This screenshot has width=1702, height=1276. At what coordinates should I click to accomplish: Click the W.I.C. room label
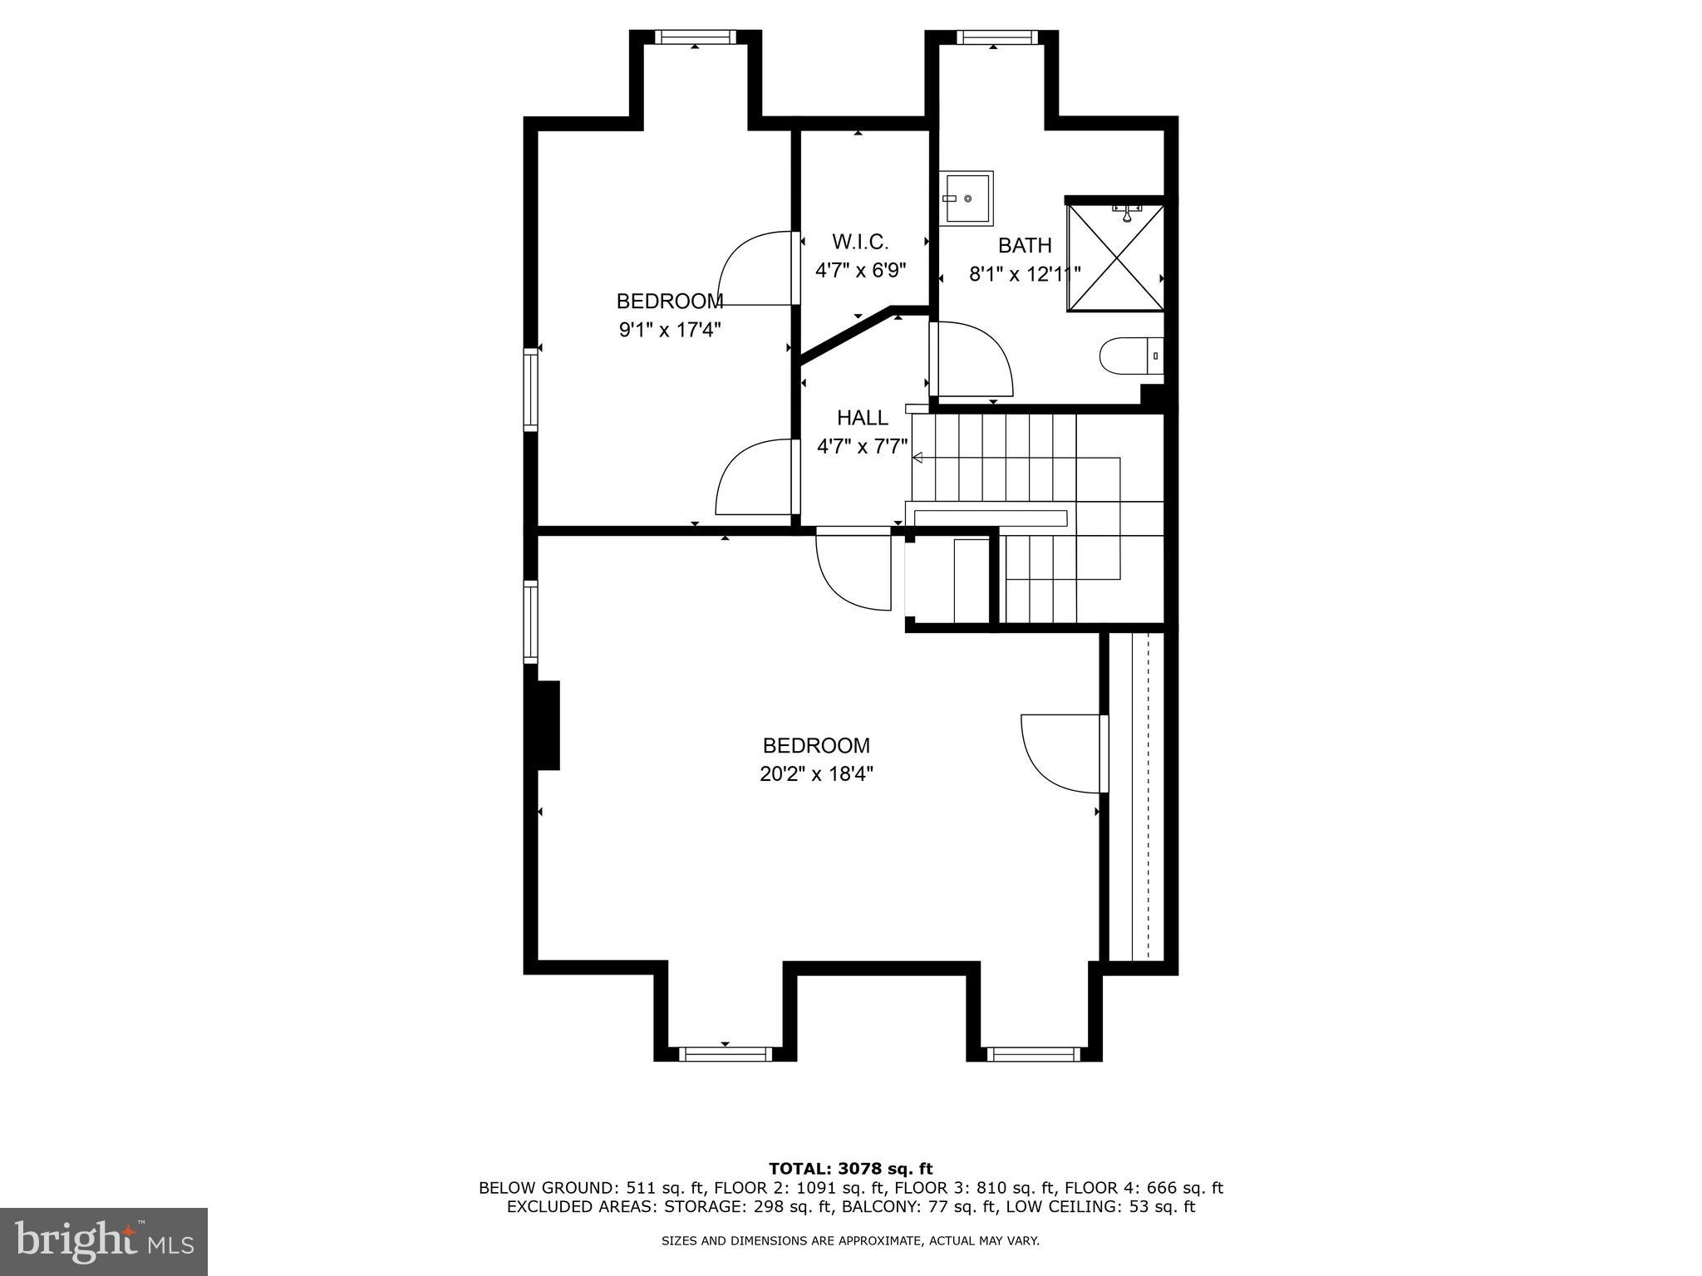860,242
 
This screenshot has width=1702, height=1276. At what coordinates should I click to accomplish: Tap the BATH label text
1025,246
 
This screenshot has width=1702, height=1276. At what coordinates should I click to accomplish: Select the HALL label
862,418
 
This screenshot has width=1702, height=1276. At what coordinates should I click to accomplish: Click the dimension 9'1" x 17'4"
669,330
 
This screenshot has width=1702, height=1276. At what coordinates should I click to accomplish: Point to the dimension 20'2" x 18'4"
816,774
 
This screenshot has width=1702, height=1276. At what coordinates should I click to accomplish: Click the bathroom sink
967,198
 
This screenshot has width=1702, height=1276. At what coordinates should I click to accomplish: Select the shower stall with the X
1115,258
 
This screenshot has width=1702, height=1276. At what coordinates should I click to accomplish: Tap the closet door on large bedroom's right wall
1064,753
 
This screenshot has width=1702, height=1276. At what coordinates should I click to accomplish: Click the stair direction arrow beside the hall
918,458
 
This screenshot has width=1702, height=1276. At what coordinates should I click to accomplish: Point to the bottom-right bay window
1033,1054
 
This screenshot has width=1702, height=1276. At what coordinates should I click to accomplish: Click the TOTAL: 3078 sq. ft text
850,1169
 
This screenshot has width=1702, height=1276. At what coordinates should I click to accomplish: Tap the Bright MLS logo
104,1241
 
